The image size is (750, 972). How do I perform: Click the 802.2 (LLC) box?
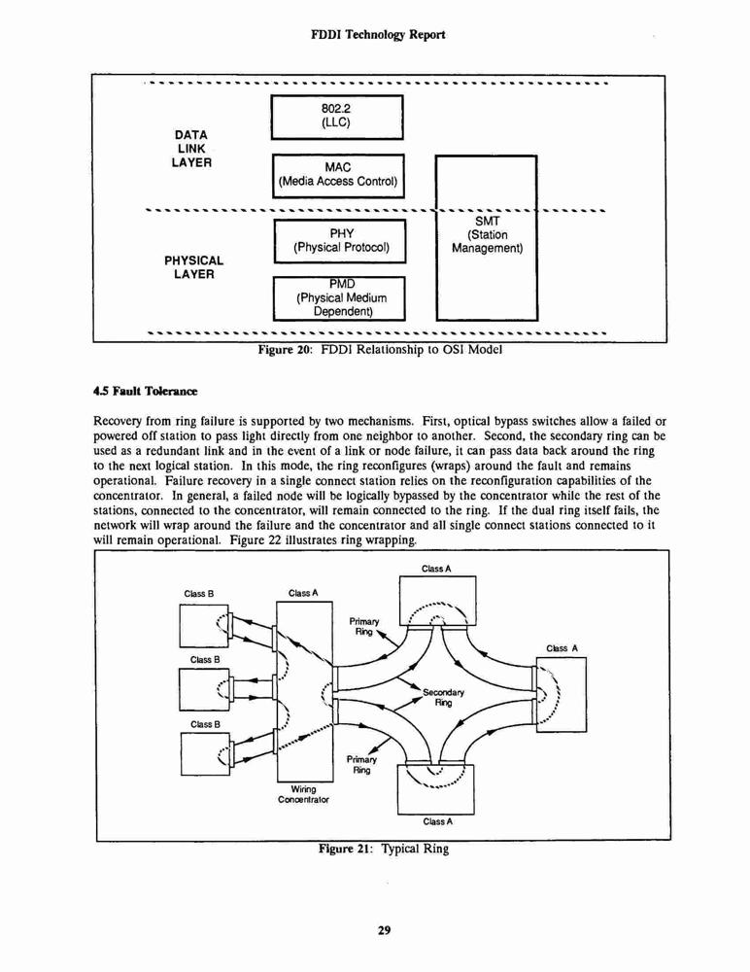(337, 118)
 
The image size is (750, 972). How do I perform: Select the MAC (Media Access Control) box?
(338, 175)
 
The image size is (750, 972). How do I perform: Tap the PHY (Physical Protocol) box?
(340, 240)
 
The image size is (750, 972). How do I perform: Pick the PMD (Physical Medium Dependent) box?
(339, 298)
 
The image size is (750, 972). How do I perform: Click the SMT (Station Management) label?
(487, 235)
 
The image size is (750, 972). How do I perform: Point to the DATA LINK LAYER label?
(191, 149)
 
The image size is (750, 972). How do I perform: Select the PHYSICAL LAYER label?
(193, 267)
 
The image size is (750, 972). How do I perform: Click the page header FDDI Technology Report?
(378, 35)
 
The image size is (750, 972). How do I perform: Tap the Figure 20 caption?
(380, 350)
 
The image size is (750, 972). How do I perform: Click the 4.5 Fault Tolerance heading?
(145, 391)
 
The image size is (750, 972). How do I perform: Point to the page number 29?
(384, 930)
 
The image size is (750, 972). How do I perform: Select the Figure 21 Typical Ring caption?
(383, 849)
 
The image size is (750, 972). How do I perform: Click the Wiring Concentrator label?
(303, 794)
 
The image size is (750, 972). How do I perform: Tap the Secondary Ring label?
(443, 697)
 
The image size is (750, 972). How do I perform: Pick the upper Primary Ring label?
(364, 626)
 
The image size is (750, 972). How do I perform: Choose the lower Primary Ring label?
(361, 764)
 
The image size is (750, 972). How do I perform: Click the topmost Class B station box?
(204, 625)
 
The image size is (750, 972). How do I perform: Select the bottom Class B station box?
(205, 754)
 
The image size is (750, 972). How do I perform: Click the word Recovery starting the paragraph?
(114, 423)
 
